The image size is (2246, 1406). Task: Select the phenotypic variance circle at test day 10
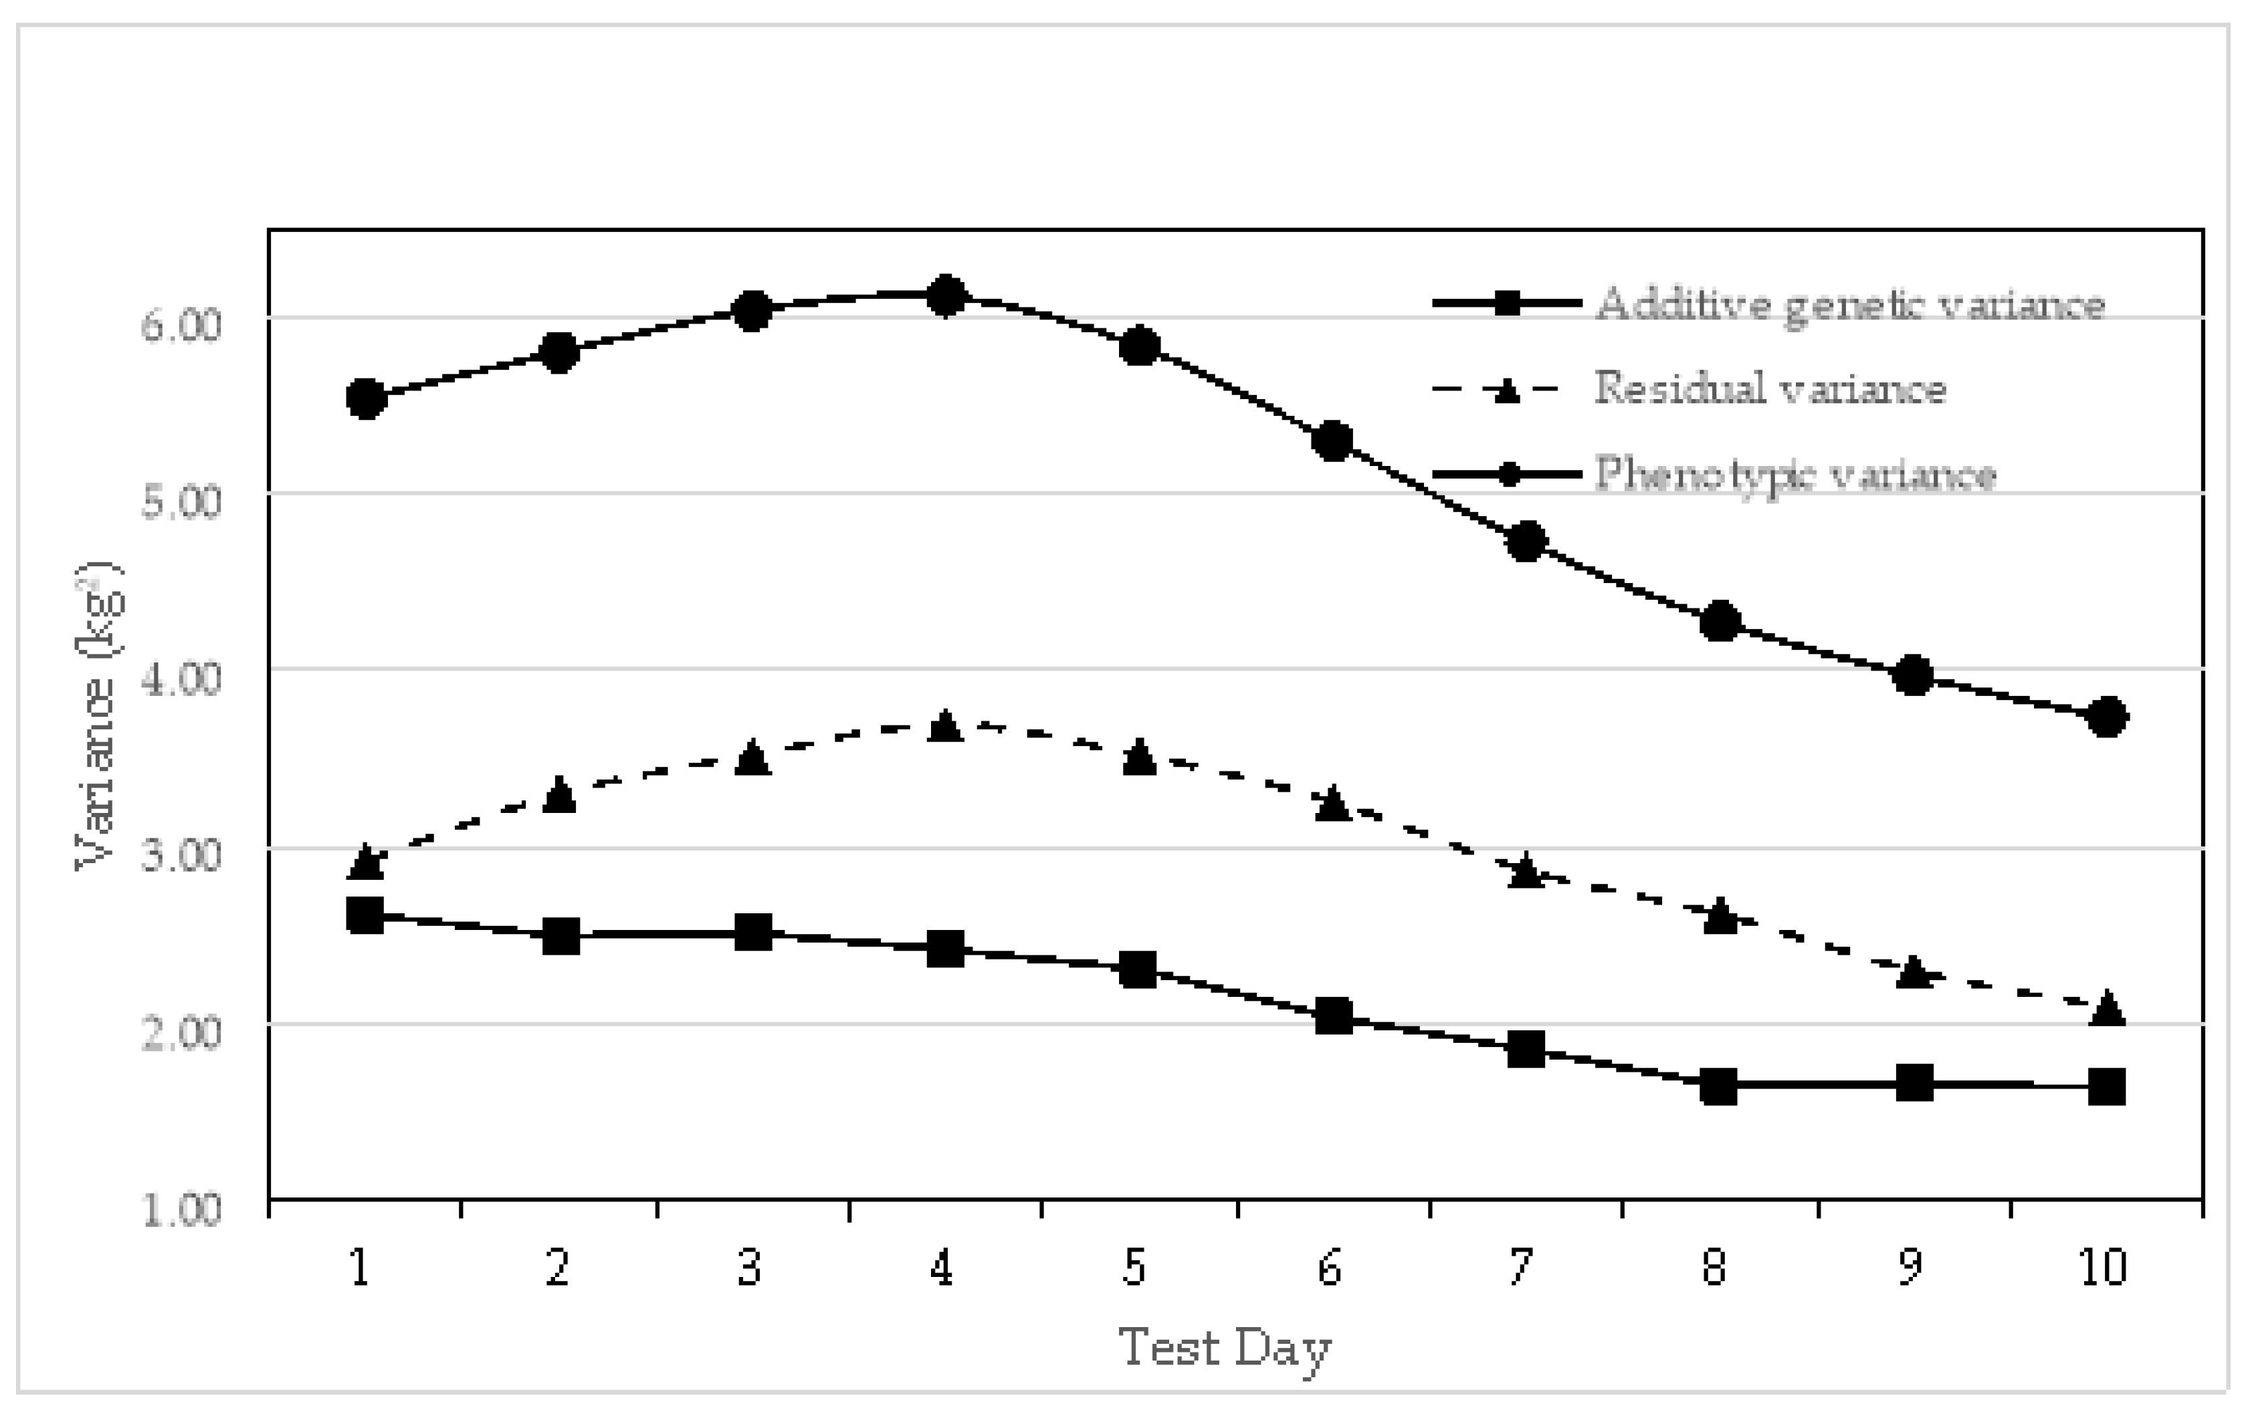pyautogui.click(x=2108, y=717)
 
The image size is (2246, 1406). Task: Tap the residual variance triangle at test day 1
pyautogui.click(x=365, y=862)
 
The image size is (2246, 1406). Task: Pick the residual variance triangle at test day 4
pyautogui.click(x=945, y=724)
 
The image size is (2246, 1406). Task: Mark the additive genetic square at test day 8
pyautogui.click(x=1719, y=1085)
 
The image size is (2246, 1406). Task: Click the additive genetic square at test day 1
pyautogui.click(x=365, y=915)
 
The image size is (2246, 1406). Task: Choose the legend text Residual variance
pyautogui.click(x=1770, y=388)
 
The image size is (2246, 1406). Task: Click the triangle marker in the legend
pyautogui.click(x=1507, y=390)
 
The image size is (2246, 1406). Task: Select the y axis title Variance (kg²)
pyautogui.click(x=98, y=716)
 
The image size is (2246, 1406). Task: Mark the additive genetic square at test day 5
pyautogui.click(x=1138, y=970)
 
